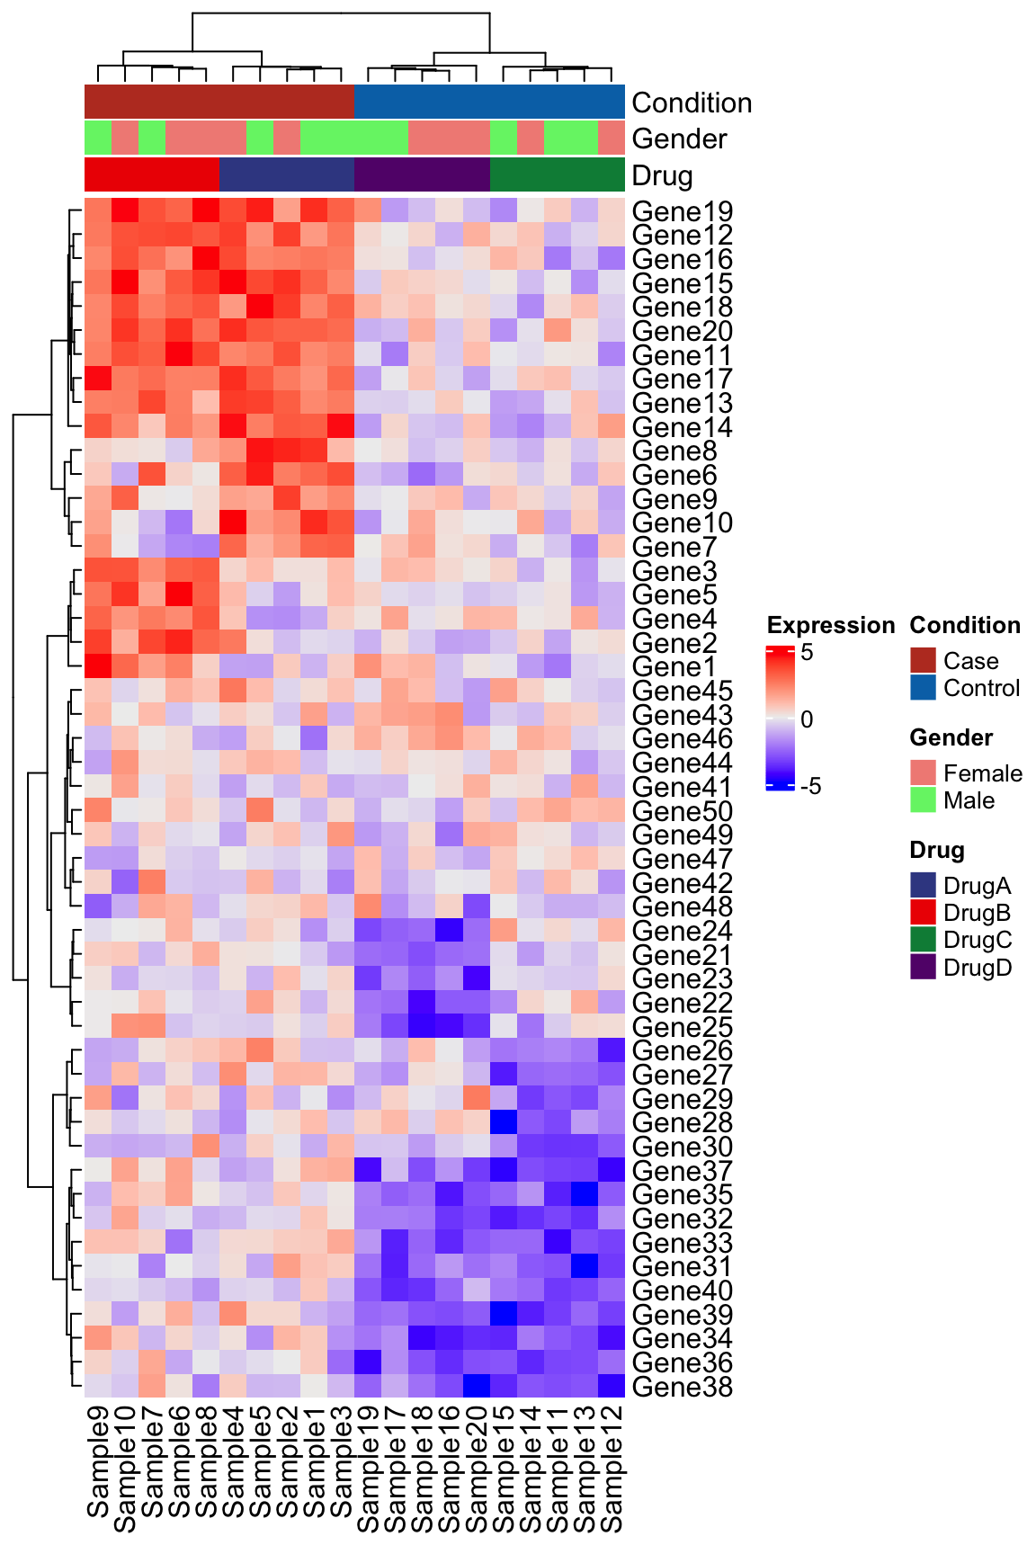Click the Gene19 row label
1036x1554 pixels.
point(683,212)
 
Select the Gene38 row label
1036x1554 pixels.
point(683,1387)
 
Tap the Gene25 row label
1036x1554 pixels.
point(683,1027)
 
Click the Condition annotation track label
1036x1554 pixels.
point(692,103)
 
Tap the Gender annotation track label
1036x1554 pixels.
point(679,138)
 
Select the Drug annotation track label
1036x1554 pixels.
point(662,175)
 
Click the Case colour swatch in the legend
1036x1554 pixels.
point(924,661)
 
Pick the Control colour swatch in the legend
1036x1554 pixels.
point(924,688)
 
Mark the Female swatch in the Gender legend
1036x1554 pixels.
point(924,773)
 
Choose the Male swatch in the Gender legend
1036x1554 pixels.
point(924,800)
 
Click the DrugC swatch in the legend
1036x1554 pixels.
point(924,940)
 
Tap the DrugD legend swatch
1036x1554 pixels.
point(924,967)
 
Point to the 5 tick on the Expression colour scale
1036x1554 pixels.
point(807,652)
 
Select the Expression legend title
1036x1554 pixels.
point(830,625)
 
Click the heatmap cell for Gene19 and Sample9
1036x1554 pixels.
point(98,212)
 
